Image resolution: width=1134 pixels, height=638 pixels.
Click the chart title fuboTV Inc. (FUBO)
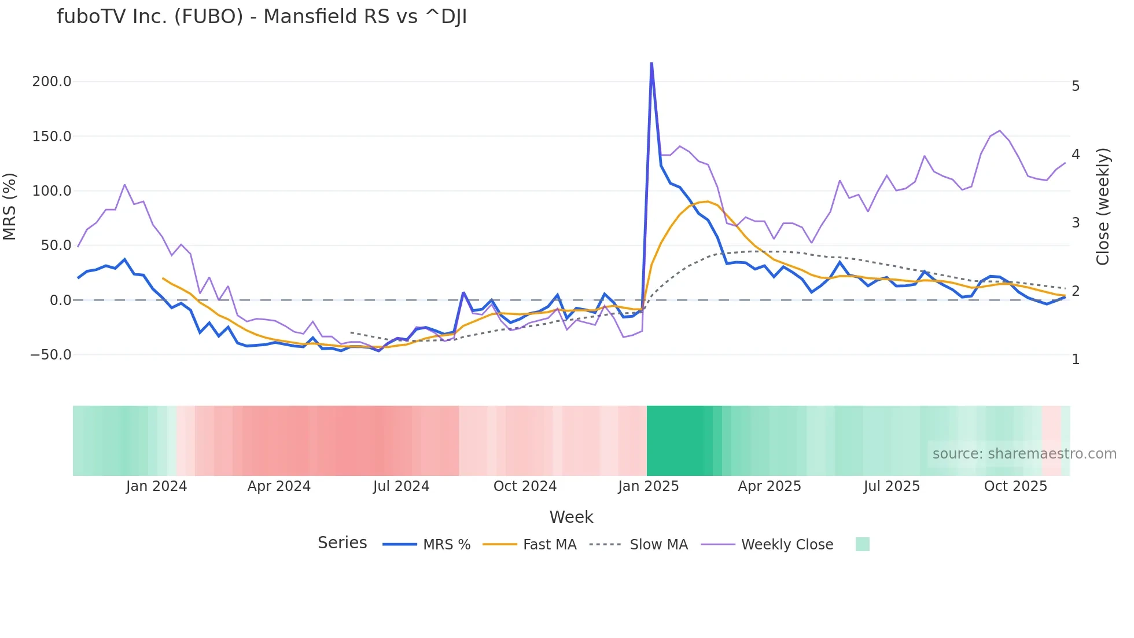262,17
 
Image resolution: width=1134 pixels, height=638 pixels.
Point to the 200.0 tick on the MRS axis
51,82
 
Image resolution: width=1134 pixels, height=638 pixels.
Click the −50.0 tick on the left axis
50,354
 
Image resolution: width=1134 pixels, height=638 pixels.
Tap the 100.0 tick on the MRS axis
51,191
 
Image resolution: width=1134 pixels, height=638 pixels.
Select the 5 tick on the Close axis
1076,86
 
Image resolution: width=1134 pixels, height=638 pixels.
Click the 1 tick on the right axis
1076,360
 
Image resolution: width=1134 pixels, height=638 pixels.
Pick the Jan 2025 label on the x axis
648,486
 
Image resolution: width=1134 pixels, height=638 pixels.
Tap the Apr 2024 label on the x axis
279,486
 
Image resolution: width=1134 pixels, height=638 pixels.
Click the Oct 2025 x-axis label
1015,486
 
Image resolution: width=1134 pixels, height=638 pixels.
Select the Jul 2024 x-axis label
401,486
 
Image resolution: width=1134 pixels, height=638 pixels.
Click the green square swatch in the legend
862,544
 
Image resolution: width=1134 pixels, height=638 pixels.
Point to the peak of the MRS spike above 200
651,63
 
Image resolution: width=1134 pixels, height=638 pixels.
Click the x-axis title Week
571,517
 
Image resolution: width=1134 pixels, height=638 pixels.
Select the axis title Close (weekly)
1103,207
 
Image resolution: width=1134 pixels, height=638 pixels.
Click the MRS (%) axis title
10,207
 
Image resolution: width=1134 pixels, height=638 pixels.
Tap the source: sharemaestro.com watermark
1024,454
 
